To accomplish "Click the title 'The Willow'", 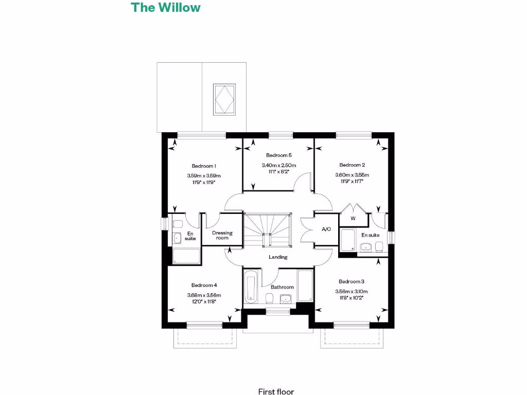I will click(x=165, y=8).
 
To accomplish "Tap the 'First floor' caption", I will click(x=276, y=391).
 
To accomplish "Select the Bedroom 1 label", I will click(x=204, y=166).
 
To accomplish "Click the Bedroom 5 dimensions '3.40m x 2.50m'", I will click(x=279, y=165).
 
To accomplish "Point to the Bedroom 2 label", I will click(x=352, y=165).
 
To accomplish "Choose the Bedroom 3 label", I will click(x=352, y=281).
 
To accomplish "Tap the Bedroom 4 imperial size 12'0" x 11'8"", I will click(x=204, y=302).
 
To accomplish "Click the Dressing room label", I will click(x=222, y=235).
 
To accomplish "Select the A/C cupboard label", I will click(x=326, y=229).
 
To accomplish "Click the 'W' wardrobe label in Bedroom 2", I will click(x=353, y=219).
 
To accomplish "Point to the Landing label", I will click(x=278, y=257).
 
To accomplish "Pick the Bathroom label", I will click(x=282, y=287).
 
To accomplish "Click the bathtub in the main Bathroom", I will click(x=251, y=288).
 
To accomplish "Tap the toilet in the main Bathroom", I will click(x=269, y=298).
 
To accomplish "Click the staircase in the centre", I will click(x=267, y=231).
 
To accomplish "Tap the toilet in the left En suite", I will click(x=178, y=224).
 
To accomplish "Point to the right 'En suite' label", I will click(x=370, y=235).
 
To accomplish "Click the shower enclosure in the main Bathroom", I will click(x=305, y=285).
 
